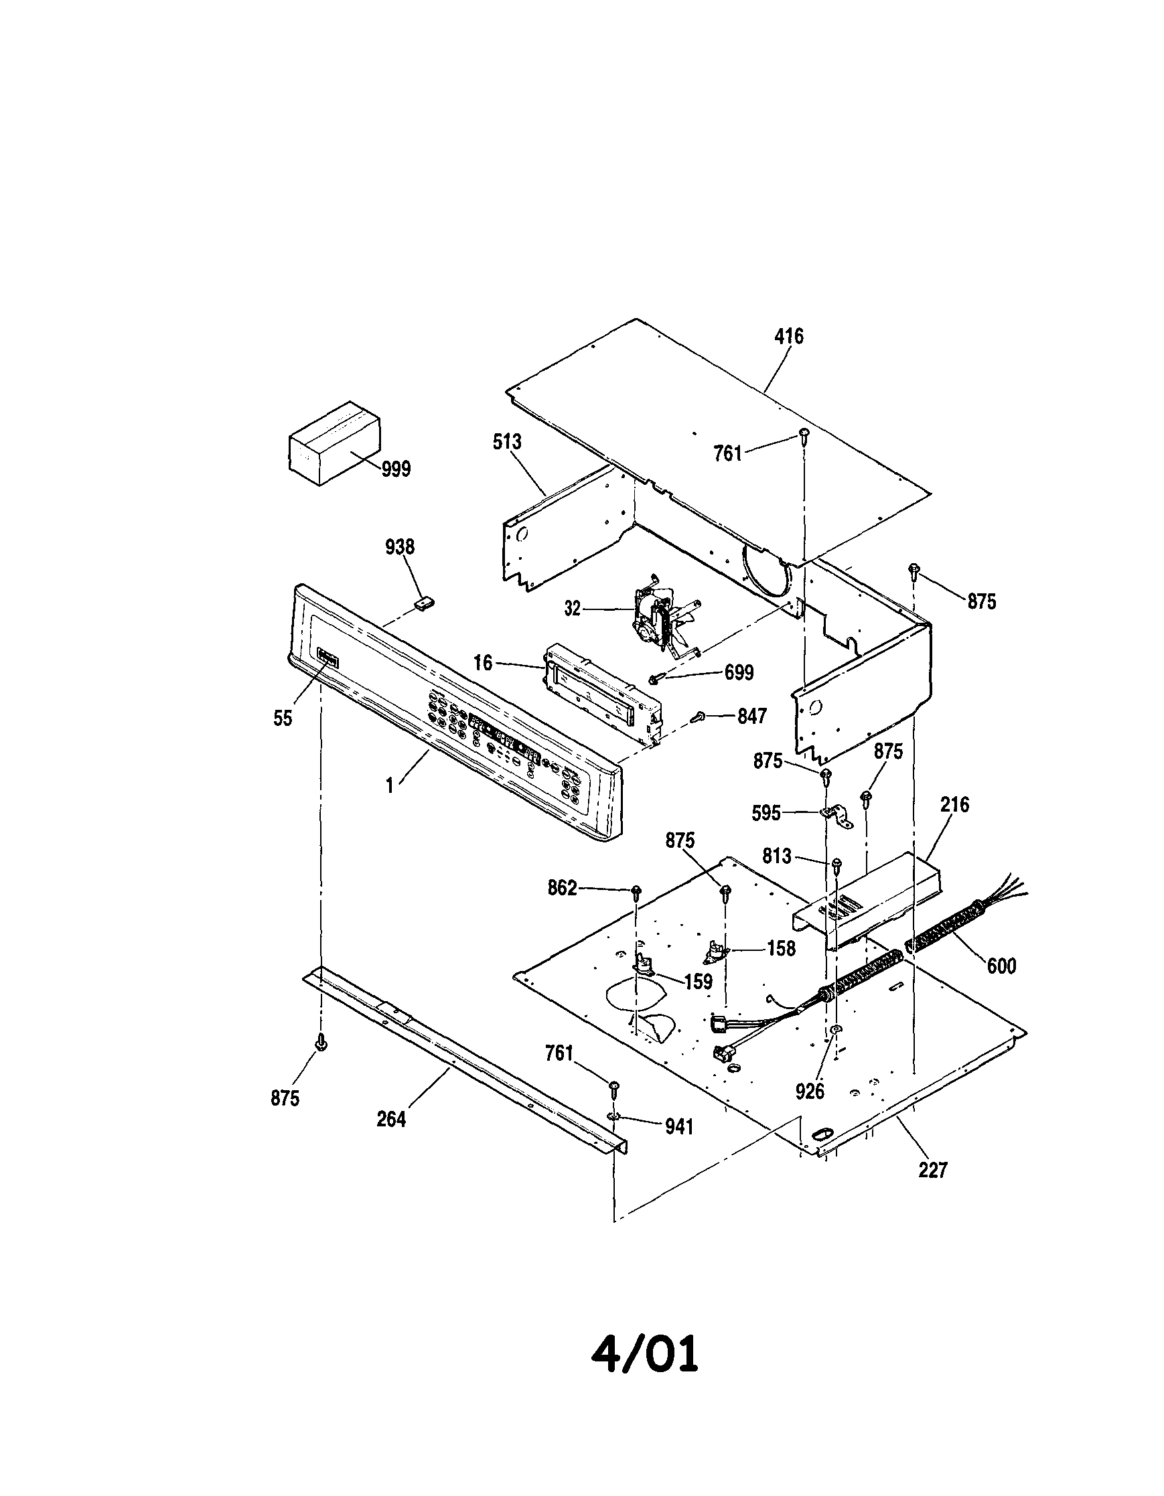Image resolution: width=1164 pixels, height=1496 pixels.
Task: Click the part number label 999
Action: [396, 469]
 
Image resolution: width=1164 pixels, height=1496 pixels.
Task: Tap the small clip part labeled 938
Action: [425, 603]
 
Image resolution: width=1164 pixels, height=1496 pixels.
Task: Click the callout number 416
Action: [788, 336]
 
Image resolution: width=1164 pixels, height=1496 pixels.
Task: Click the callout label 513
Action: [507, 442]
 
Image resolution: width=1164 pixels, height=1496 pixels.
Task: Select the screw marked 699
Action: [655, 678]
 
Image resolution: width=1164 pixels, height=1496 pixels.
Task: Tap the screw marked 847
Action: [698, 717]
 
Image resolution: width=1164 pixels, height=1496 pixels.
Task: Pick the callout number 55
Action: [282, 719]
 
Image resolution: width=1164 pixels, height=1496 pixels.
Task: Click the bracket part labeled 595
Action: [837, 815]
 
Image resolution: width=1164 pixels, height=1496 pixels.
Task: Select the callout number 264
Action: [391, 1119]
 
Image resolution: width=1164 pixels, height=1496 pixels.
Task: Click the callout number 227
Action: [933, 1170]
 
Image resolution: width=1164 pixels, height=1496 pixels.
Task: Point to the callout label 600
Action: [1001, 966]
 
